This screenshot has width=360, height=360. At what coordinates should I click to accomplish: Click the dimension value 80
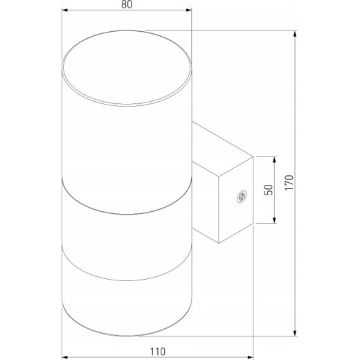click(x=125, y=5)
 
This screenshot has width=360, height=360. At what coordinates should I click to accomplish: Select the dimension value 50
click(x=267, y=191)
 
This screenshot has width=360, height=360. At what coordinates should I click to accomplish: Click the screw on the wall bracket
click(x=242, y=198)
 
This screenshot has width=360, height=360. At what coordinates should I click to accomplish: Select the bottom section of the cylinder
click(x=126, y=298)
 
